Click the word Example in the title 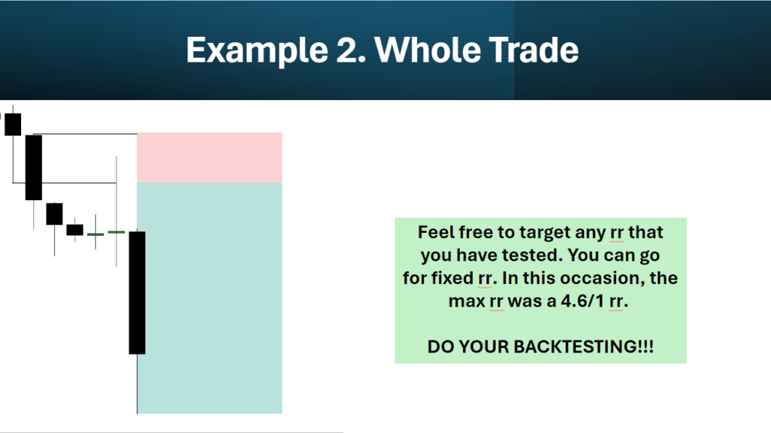point(258,50)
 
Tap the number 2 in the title point(351,50)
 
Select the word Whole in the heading point(426,50)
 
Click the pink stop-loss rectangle point(209,157)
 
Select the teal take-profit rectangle point(209,297)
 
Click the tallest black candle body point(137,293)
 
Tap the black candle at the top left point(13,124)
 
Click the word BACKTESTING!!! point(584,346)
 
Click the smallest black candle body point(75,230)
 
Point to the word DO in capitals point(441,346)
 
